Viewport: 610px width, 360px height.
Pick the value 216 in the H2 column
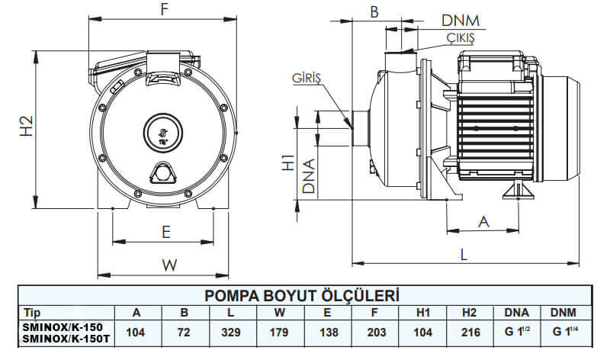click(x=470, y=333)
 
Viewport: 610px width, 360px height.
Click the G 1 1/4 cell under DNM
click(x=565, y=333)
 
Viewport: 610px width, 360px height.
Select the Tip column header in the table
click(x=33, y=313)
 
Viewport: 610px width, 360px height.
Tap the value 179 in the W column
click(x=280, y=333)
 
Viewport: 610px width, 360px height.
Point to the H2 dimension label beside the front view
click(x=24, y=126)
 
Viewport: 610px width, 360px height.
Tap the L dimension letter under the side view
click(x=464, y=256)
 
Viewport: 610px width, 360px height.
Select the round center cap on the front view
click(x=162, y=130)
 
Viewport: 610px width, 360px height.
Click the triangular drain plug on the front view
click(x=162, y=174)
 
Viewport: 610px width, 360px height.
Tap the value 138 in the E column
click(x=328, y=333)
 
